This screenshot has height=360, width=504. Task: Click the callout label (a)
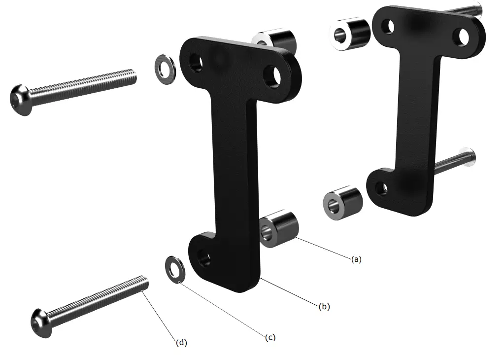click(356, 258)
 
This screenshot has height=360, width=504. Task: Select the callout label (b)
click(324, 306)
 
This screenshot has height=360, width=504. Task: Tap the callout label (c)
click(270, 337)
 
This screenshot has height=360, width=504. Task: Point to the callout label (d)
click(182, 342)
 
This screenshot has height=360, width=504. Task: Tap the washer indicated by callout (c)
click(175, 269)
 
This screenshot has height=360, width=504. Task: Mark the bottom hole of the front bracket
click(204, 257)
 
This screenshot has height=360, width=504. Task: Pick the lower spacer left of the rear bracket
click(343, 203)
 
